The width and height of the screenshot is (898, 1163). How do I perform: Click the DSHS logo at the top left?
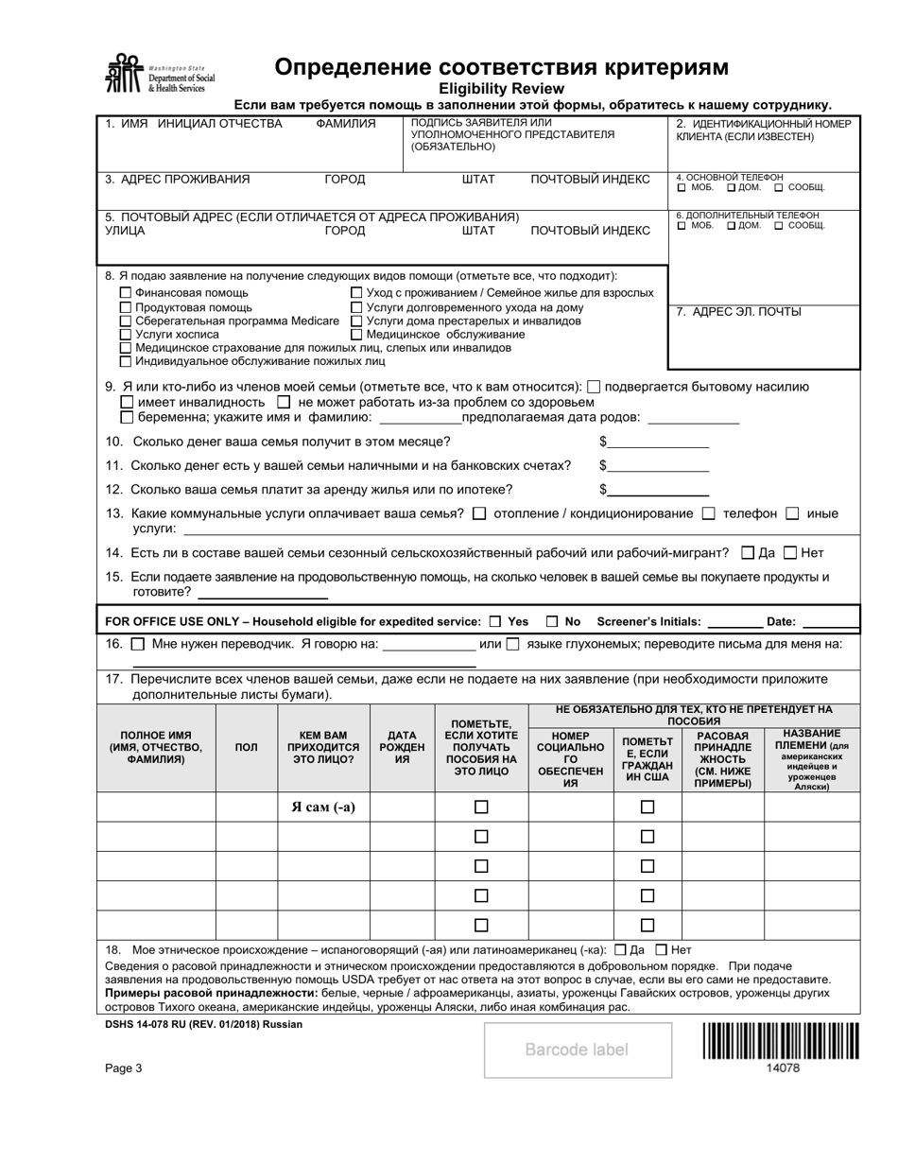160,74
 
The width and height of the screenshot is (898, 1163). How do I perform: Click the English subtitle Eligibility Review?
501,88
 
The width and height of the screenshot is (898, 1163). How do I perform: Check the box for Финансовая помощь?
126,293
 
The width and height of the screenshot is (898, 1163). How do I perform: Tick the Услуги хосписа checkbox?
126,334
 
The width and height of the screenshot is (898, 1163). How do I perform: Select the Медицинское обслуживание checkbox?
356,334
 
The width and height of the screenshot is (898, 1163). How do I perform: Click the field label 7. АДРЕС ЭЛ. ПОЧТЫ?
738,311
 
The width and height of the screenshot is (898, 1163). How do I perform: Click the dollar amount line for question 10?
658,442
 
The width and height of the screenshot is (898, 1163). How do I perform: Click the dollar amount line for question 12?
658,490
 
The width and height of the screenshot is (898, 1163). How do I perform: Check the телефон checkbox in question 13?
709,513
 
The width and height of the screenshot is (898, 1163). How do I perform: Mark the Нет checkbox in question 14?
791,553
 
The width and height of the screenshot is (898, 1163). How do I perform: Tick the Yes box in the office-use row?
495,622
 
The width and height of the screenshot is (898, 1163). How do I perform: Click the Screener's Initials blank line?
734,623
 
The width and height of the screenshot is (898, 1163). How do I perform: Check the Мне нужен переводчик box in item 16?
138,645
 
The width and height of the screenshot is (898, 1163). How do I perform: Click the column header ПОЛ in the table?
246,747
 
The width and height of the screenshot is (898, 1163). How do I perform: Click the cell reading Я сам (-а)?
322,807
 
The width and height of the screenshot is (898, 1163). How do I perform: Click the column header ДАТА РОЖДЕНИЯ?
402,747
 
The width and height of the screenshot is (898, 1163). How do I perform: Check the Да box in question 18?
620,949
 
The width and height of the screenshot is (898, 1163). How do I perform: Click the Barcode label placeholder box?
577,1050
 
